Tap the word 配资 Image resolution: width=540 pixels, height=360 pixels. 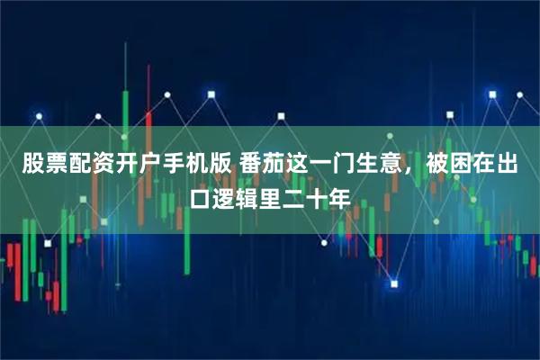click(x=86, y=165)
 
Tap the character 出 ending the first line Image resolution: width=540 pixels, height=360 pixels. click(x=519, y=165)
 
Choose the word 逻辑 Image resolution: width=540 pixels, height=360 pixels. click(x=238, y=195)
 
